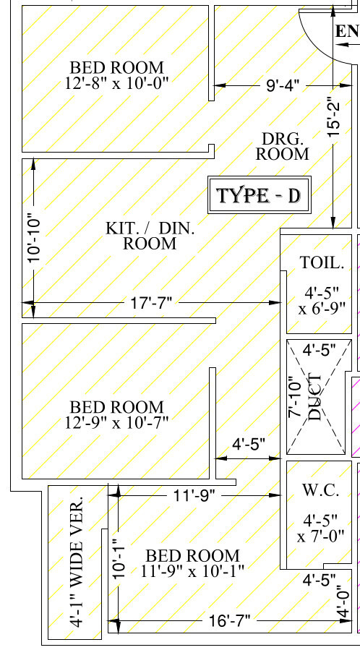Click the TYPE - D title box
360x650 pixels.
pos(260,194)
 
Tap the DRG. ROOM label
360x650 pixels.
pos(283,146)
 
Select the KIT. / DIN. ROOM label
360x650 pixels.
pos(150,236)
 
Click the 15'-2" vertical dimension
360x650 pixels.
pos(334,117)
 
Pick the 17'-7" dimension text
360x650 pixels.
pos(151,303)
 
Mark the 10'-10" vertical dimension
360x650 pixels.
pos(35,238)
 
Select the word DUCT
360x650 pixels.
pos(315,398)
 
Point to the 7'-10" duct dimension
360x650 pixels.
pos(296,397)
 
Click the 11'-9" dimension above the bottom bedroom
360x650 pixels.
pos(194,495)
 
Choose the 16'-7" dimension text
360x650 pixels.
pos(229,620)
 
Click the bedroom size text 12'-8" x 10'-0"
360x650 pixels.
pos(117,75)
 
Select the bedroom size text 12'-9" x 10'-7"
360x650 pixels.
pos(117,415)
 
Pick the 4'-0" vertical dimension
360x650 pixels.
pos(343,602)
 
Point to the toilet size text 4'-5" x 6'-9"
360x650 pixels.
pos(322,300)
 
